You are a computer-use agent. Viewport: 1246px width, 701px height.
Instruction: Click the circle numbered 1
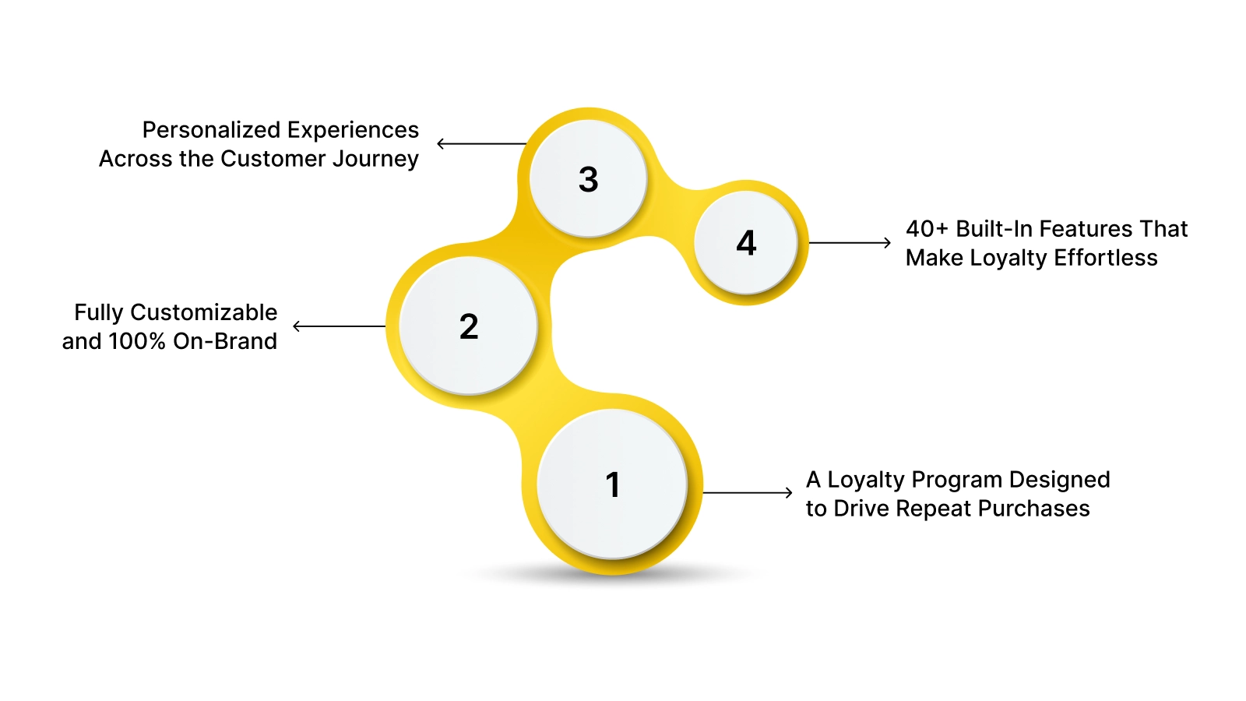pos(612,484)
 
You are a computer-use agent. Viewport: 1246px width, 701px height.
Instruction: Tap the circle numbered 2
pos(468,326)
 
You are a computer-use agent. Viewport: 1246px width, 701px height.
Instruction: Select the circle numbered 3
pos(588,179)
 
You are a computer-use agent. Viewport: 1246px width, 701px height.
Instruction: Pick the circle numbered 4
pos(745,243)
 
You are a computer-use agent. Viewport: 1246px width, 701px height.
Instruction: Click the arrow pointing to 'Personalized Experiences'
pos(481,143)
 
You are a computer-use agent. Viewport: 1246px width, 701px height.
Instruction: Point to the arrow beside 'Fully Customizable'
pos(339,326)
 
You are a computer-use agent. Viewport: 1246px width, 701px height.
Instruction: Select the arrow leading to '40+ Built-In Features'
pos(850,243)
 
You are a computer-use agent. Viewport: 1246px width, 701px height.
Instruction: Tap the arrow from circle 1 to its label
pos(748,492)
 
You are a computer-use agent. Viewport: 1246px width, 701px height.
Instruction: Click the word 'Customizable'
pos(203,312)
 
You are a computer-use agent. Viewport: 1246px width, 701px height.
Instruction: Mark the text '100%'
pos(137,341)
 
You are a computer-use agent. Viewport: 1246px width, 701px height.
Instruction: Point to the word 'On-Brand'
pos(225,341)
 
